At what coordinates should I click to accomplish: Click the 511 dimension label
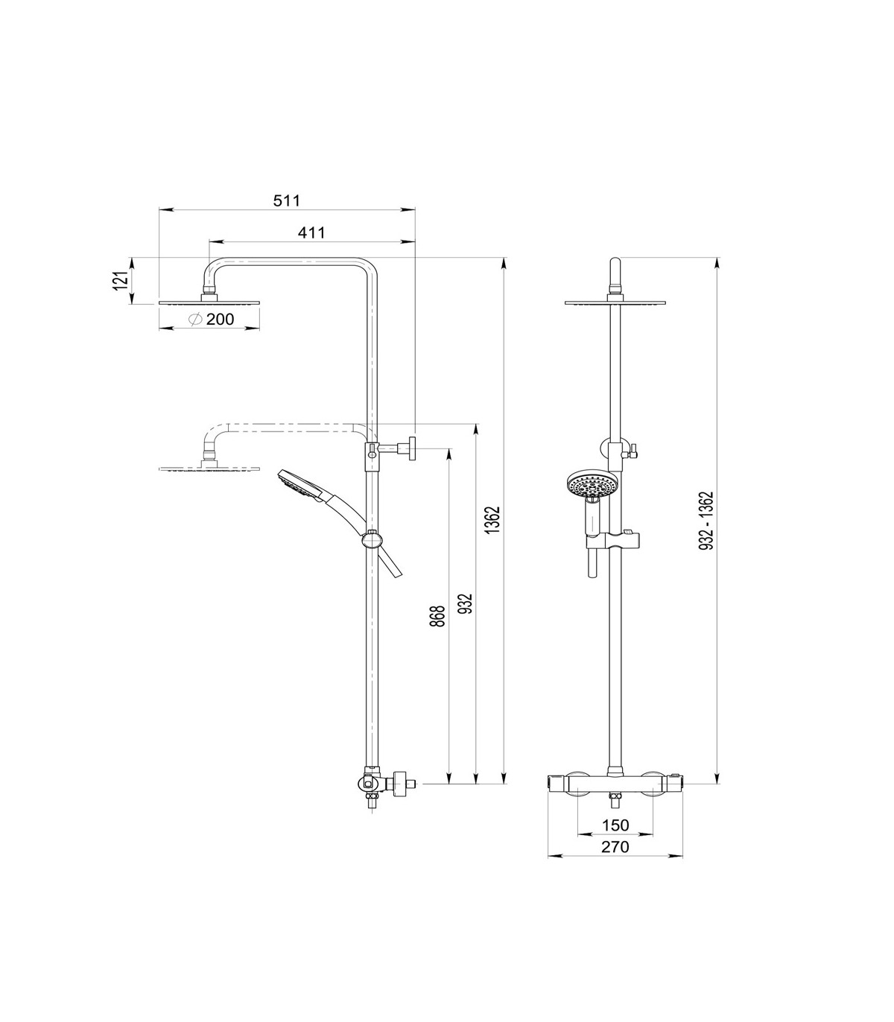click(x=287, y=200)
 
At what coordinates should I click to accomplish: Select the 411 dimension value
click(x=311, y=232)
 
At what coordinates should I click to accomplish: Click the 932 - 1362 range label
click(x=707, y=521)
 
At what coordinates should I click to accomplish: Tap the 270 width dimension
click(x=615, y=847)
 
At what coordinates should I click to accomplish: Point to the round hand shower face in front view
click(x=588, y=486)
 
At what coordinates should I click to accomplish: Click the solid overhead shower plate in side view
click(x=210, y=302)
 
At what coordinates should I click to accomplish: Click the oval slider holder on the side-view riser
click(x=372, y=539)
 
